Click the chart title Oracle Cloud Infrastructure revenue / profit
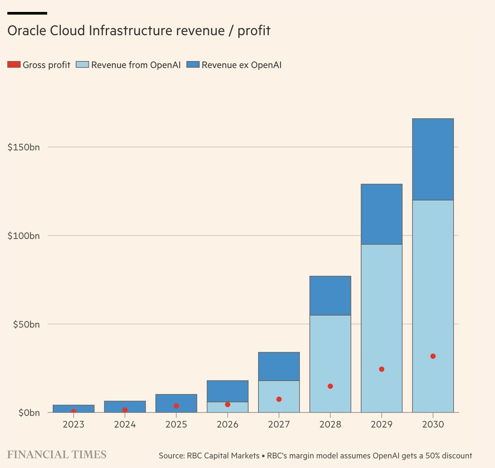tap(139, 31)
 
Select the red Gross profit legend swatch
tap(14, 65)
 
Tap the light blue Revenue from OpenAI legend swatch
tap(82, 65)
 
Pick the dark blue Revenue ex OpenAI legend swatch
tap(193, 65)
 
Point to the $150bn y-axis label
tap(24, 147)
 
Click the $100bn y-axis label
tap(24, 236)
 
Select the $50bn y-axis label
tap(26, 325)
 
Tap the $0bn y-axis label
tap(29, 413)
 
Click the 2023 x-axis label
tap(73, 424)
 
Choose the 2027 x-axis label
tap(279, 424)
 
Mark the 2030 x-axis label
tap(433, 424)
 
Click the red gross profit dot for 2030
tap(433, 356)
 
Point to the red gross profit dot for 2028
tap(330, 386)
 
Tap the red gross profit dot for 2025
tap(176, 406)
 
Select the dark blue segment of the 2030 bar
tap(433, 159)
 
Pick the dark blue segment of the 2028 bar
tap(330, 296)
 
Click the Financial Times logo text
tap(57, 455)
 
